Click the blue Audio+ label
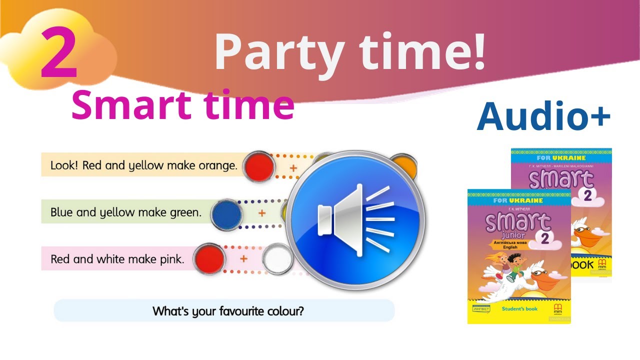[543, 115]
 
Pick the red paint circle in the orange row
[258, 166]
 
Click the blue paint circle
[227, 213]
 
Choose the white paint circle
[277, 258]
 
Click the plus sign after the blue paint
[261, 213]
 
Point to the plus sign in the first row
[293, 168]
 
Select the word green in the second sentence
[186, 212]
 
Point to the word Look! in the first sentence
[65, 165]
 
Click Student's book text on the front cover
[519, 309]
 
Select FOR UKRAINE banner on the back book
[561, 158]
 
